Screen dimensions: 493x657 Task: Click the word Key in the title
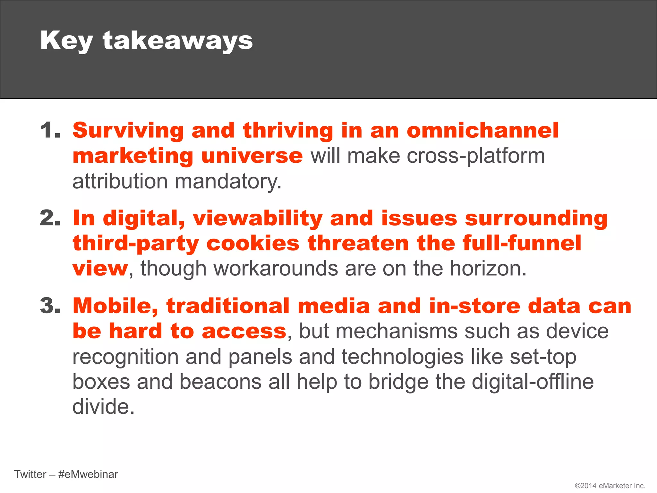[66, 41]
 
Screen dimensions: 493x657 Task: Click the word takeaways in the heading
[177, 41]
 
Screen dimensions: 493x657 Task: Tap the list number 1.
[50, 131]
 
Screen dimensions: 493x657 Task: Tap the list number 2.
[50, 218]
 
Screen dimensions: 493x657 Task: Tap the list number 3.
[50, 306]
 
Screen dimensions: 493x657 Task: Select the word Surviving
[128, 131]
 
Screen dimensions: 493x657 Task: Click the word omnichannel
[482, 131]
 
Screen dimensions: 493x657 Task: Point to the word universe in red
[252, 156]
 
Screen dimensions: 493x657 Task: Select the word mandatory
[228, 182]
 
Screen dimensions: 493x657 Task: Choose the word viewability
[257, 219]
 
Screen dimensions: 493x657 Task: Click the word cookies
[253, 243]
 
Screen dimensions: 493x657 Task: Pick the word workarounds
[239, 268]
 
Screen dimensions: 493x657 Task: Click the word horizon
[488, 268]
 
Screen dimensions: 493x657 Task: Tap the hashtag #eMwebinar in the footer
[88, 474]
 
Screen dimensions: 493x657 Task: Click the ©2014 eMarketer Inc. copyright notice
[610, 486]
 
